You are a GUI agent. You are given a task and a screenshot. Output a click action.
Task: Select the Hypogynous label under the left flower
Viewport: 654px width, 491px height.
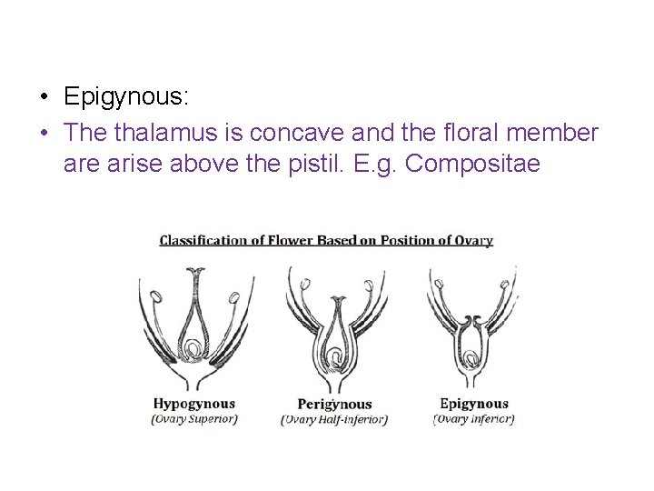click(x=193, y=404)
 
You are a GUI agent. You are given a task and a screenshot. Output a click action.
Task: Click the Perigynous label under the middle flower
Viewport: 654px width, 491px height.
click(x=334, y=404)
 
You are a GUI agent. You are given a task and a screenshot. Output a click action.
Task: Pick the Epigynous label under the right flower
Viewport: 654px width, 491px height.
click(x=473, y=404)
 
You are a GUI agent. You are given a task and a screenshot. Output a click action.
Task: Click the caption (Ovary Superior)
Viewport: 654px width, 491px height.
click(x=193, y=419)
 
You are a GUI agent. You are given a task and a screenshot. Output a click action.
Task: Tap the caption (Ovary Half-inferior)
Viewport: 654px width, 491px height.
click(x=334, y=419)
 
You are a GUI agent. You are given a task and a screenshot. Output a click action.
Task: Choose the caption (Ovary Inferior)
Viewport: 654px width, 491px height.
click(x=473, y=419)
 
